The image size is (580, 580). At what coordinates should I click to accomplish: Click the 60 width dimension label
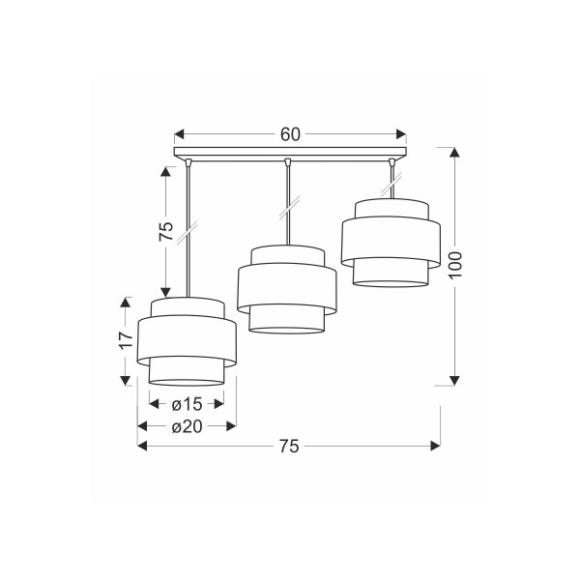pyautogui.click(x=290, y=134)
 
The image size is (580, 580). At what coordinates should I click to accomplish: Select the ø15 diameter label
pyautogui.click(x=188, y=404)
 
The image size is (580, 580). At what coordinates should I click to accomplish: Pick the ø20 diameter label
pyautogui.click(x=188, y=427)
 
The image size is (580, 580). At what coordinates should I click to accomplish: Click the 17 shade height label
pyautogui.click(x=127, y=339)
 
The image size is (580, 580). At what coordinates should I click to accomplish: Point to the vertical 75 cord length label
pyautogui.click(x=166, y=231)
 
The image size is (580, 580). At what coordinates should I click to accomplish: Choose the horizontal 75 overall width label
pyautogui.click(x=288, y=447)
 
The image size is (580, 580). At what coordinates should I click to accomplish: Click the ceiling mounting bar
pyautogui.click(x=290, y=152)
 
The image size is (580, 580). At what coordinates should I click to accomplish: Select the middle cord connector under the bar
pyautogui.click(x=287, y=161)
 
